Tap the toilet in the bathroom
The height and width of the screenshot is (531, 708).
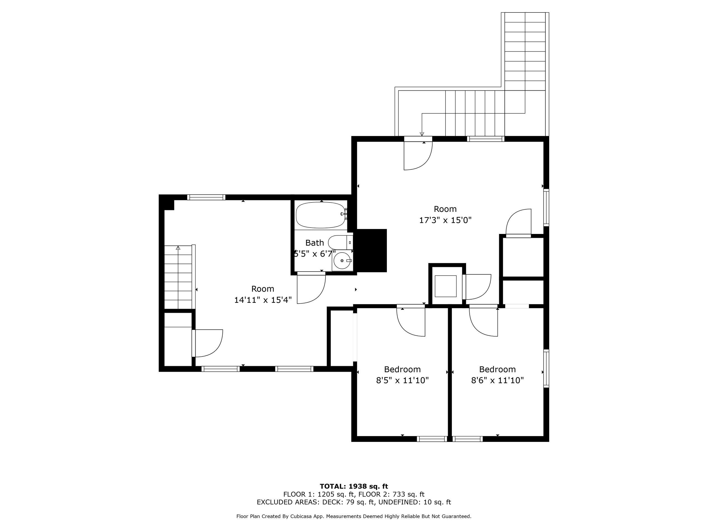click(x=340, y=243)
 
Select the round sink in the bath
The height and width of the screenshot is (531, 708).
click(x=342, y=261)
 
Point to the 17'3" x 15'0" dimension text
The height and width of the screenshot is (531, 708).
click(x=445, y=220)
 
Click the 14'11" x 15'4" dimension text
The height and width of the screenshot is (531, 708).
click(x=263, y=300)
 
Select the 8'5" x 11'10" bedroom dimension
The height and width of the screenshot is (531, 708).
click(x=402, y=380)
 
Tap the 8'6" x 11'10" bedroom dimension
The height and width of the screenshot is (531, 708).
click(x=497, y=380)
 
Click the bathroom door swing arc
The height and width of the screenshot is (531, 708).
click(x=315, y=293)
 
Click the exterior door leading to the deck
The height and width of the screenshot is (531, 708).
click(x=418, y=155)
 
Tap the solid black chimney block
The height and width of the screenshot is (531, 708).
click(x=371, y=251)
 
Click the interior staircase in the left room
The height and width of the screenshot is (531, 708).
click(x=178, y=277)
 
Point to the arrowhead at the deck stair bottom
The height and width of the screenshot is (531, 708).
click(x=422, y=134)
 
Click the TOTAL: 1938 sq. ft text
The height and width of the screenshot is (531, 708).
click(x=354, y=487)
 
